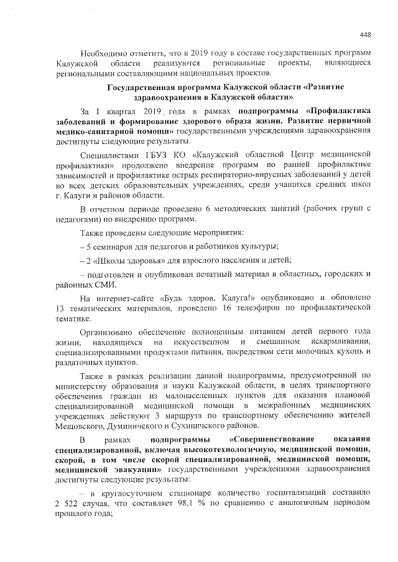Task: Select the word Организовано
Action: point(114,332)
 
